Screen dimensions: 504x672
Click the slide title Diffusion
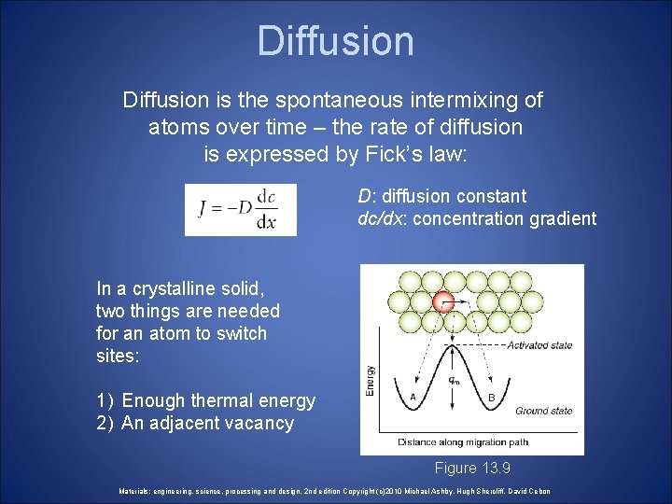click(x=335, y=41)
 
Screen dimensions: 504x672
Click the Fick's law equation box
click(x=240, y=209)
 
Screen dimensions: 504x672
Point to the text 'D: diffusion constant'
click(x=441, y=196)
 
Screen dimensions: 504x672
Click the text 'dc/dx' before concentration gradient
click(x=382, y=218)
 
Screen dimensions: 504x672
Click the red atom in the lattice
click(x=445, y=301)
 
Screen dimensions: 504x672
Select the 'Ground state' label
click(x=543, y=411)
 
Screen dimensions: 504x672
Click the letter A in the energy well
click(x=413, y=396)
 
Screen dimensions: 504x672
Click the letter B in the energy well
click(x=492, y=396)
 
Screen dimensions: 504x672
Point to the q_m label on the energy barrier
click(x=454, y=380)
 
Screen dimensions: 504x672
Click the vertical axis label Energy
click(x=371, y=381)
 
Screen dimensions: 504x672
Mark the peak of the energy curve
click(x=453, y=347)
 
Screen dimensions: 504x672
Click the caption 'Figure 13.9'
click(x=471, y=468)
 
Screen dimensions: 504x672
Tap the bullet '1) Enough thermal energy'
click(x=205, y=400)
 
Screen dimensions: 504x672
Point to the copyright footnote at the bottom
click(x=335, y=491)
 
